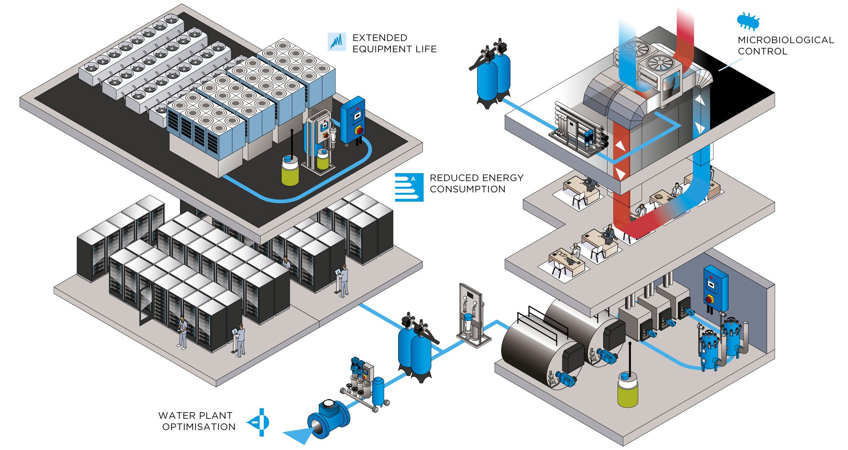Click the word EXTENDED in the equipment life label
click(x=380, y=38)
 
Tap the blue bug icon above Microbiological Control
click(x=748, y=22)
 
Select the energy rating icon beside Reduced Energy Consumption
click(x=409, y=187)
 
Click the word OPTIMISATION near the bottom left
click(x=199, y=427)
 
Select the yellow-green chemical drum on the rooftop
click(x=290, y=170)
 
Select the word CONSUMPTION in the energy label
click(x=467, y=189)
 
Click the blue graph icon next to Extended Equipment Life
click(x=337, y=42)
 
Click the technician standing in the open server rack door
click(x=182, y=332)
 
